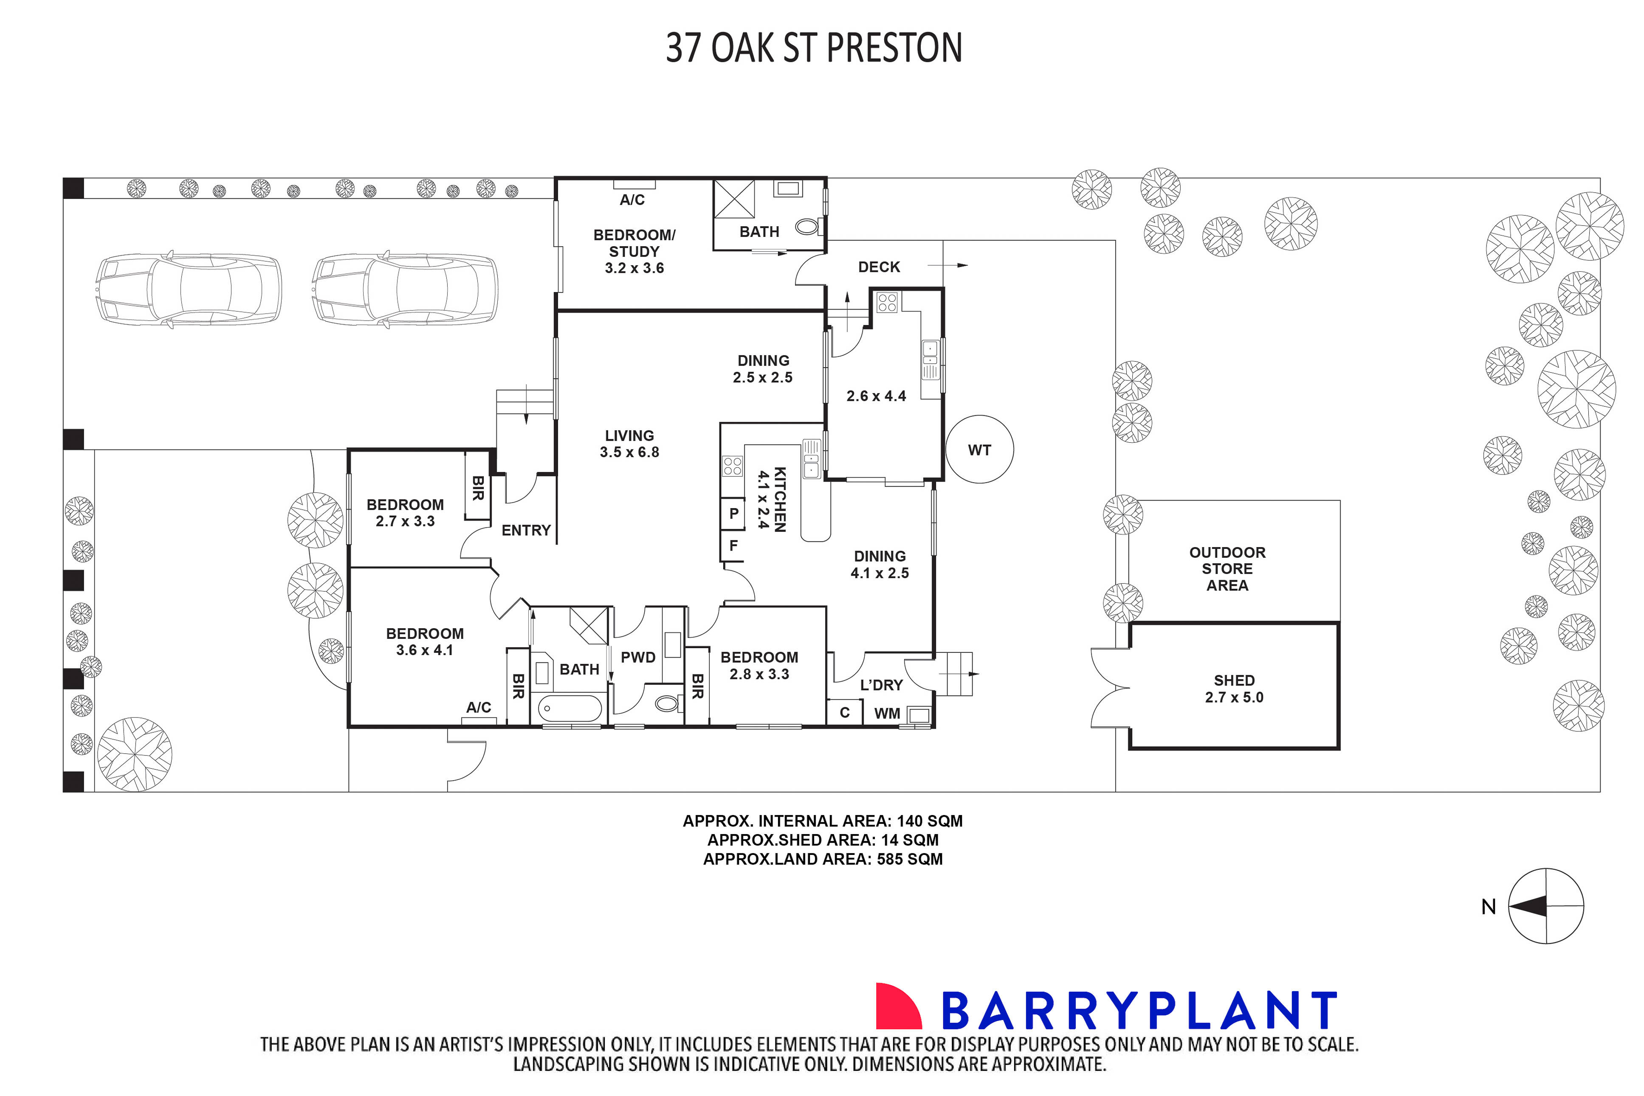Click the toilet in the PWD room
coord(667,703)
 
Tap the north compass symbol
coord(1545,907)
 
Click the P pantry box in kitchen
coord(733,514)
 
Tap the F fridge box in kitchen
coord(733,545)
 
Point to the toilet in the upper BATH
coord(808,227)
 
